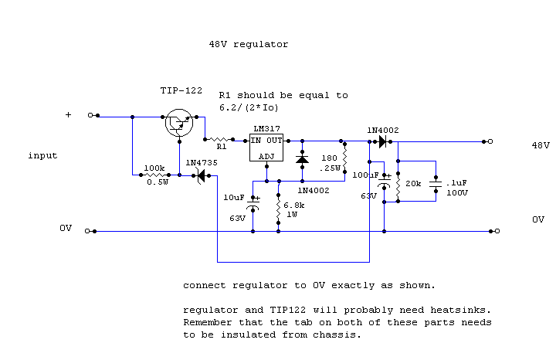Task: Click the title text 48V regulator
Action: (x=248, y=45)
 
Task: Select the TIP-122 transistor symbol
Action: (x=179, y=123)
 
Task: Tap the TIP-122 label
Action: (x=181, y=91)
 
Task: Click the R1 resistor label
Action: (x=221, y=145)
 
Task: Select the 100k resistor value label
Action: (x=154, y=168)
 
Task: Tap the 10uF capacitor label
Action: (x=234, y=198)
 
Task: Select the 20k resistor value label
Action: (x=413, y=185)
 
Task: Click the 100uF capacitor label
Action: (x=366, y=175)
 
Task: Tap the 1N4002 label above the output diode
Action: (x=384, y=130)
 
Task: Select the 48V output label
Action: (x=540, y=145)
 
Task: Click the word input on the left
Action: (x=42, y=155)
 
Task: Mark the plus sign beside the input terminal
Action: (x=67, y=115)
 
